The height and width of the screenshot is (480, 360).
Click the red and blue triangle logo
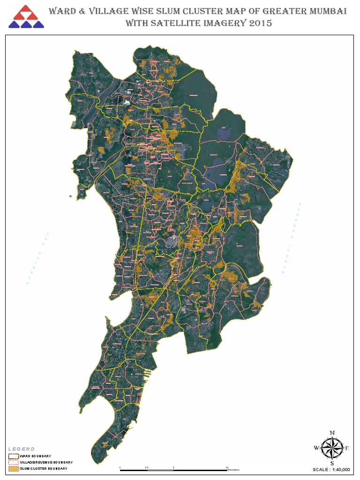click(26, 17)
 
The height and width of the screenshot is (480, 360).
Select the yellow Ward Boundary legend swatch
click(13, 456)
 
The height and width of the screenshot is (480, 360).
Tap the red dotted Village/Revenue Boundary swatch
click(13, 462)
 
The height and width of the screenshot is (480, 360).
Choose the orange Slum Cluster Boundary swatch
click(13, 468)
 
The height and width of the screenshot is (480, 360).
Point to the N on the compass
click(332, 433)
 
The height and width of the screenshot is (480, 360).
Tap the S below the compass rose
click(332, 464)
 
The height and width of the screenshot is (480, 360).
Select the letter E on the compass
click(347, 448)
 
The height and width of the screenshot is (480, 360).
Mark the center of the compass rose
click(332, 448)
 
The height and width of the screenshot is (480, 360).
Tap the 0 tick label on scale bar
click(120, 467)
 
